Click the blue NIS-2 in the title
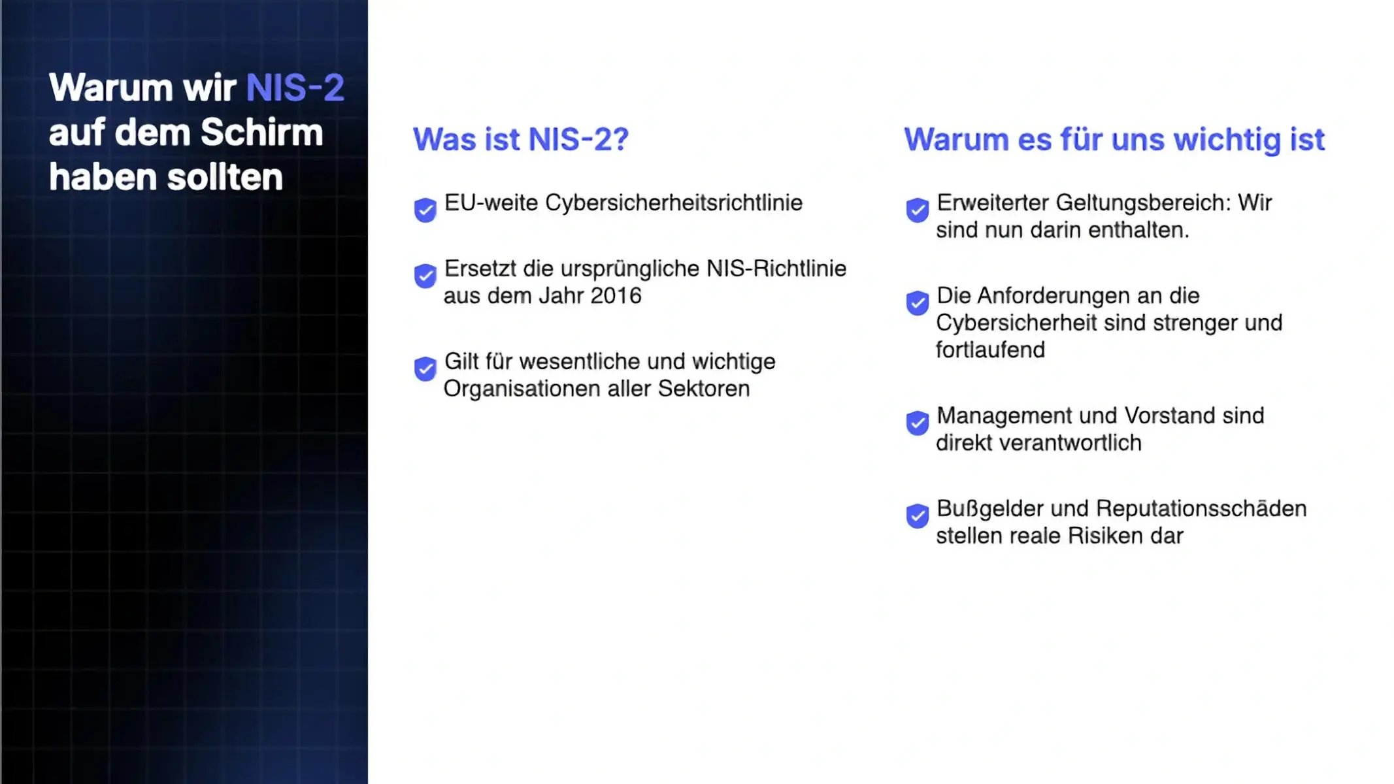point(295,88)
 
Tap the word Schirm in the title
point(261,133)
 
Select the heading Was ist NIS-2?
point(520,139)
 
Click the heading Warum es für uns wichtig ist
point(1114,139)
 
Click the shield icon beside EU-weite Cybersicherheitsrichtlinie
point(425,210)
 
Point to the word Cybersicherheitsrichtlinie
point(673,203)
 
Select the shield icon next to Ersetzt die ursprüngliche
point(425,276)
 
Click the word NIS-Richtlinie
point(776,269)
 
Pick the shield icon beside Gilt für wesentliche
point(425,368)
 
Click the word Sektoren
point(703,389)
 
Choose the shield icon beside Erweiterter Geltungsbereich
point(917,210)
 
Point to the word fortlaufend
point(989,350)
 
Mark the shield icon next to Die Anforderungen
point(917,302)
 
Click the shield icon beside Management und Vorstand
point(917,423)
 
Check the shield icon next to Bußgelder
point(917,515)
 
